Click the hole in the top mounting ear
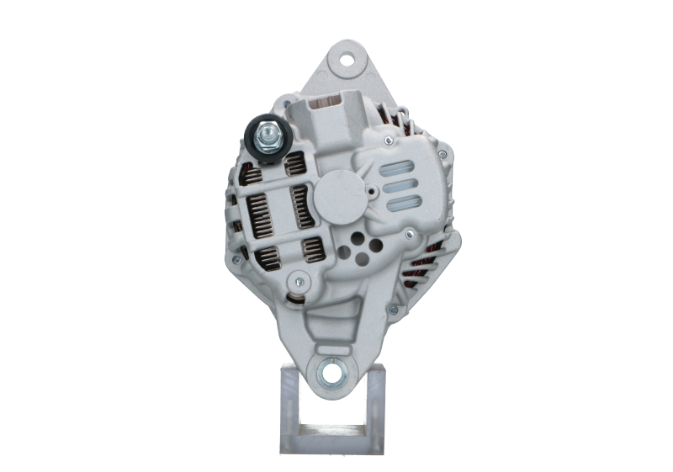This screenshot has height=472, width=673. coord(345,60)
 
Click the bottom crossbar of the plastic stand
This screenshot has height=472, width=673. coord(331,444)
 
